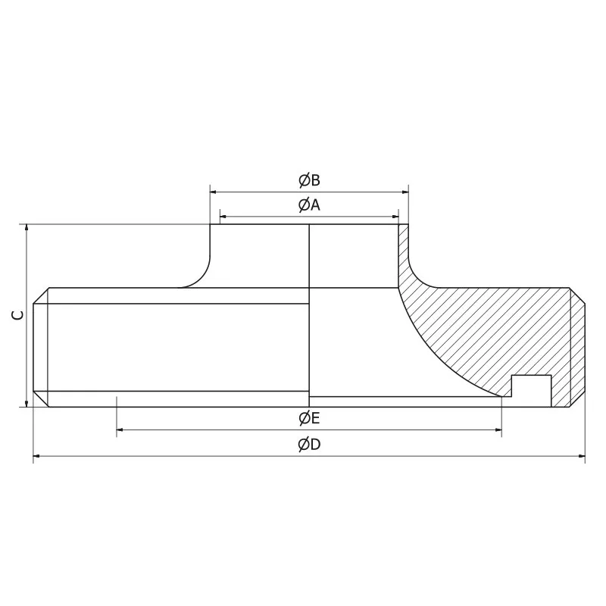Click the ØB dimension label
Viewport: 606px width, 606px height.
pos(309,180)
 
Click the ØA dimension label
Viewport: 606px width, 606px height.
pos(309,205)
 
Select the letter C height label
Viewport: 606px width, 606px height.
pos(18,315)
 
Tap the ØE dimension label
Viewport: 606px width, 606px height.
pos(309,418)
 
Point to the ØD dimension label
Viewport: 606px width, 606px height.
pos(309,445)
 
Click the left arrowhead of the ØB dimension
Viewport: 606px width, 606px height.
pos(214,192)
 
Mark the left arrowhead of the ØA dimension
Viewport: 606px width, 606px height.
pos(223,215)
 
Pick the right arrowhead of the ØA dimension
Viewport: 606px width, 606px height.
pos(395,215)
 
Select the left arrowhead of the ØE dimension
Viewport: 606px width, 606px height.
pos(120,430)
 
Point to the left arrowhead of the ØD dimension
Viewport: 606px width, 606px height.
pos(37,457)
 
